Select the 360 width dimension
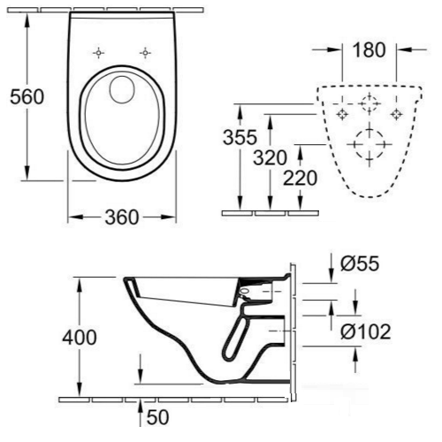121,217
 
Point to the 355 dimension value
240,139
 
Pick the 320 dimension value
271,159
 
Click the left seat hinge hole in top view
100,52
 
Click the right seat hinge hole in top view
144,52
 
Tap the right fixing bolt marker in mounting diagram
397,113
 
